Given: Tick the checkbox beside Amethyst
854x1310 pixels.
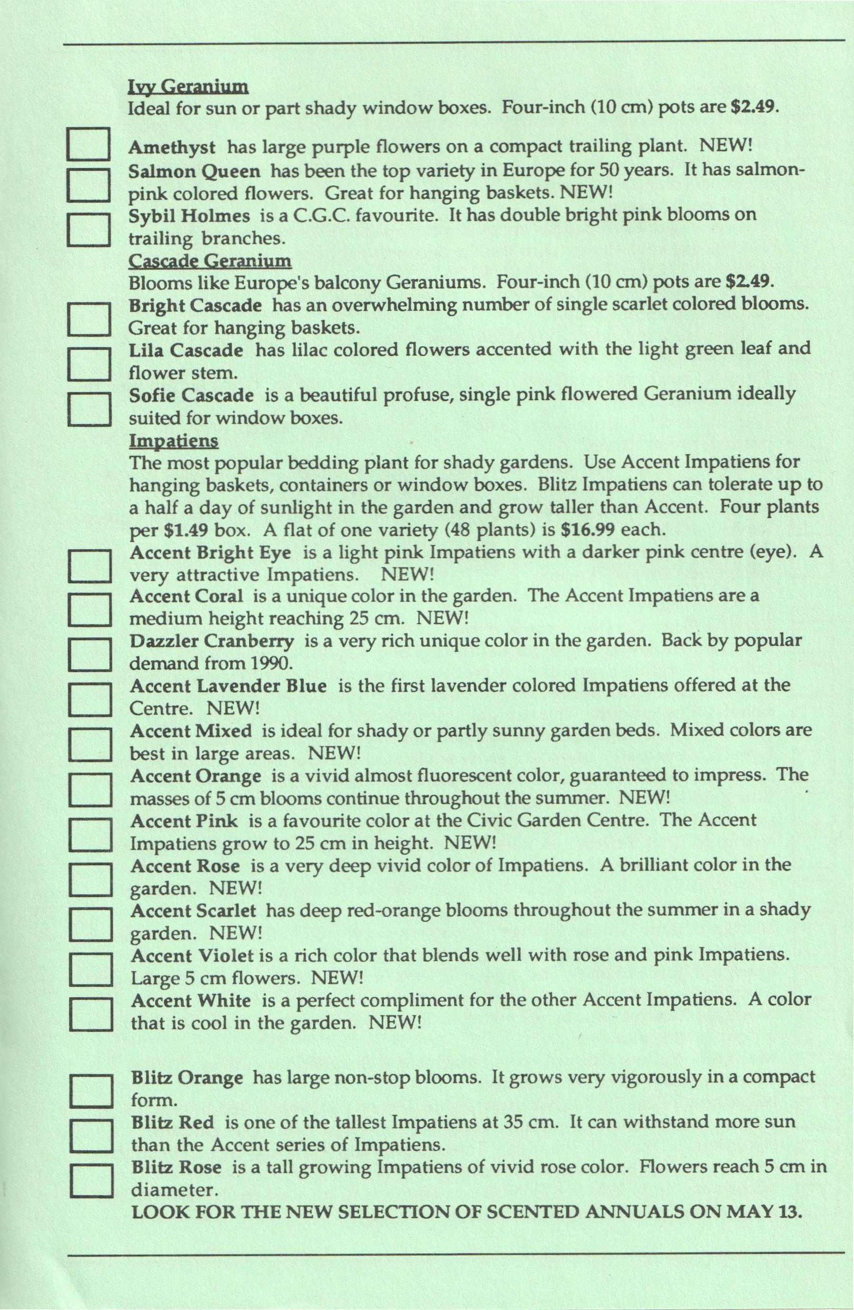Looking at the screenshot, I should tap(89, 144).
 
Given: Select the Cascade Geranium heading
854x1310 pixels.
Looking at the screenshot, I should tap(210, 260).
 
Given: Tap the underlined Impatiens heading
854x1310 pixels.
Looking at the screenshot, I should tap(174, 441).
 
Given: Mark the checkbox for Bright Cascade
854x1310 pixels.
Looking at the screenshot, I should tap(89, 319).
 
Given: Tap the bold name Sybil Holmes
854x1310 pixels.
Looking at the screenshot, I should tap(189, 216).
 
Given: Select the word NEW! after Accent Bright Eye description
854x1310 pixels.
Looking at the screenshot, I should tap(408, 575).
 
